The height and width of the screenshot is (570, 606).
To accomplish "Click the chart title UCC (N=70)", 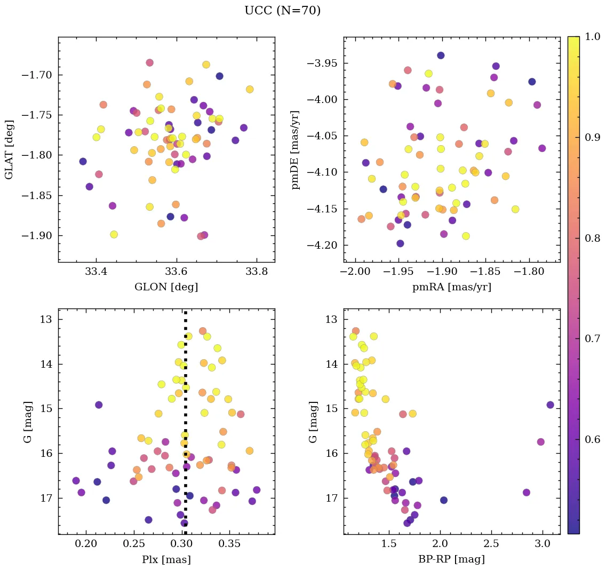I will (282, 11).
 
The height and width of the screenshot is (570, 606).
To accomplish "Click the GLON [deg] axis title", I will (166, 287).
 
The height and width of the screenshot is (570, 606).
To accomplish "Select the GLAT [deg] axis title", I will (9, 149).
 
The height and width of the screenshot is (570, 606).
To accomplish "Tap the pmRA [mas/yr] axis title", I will (451, 287).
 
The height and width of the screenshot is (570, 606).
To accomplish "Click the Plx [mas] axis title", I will (166, 559).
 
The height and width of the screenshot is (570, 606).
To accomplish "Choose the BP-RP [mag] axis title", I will (451, 559).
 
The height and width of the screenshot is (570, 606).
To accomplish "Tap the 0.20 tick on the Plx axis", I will (85, 544).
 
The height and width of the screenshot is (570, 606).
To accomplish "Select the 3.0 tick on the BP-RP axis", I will (543, 544).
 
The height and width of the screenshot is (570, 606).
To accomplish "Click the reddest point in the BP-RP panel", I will (550, 405).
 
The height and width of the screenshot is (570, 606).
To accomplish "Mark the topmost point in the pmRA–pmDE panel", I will (441, 56).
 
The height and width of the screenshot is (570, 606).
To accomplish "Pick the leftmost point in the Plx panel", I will (76, 481).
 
